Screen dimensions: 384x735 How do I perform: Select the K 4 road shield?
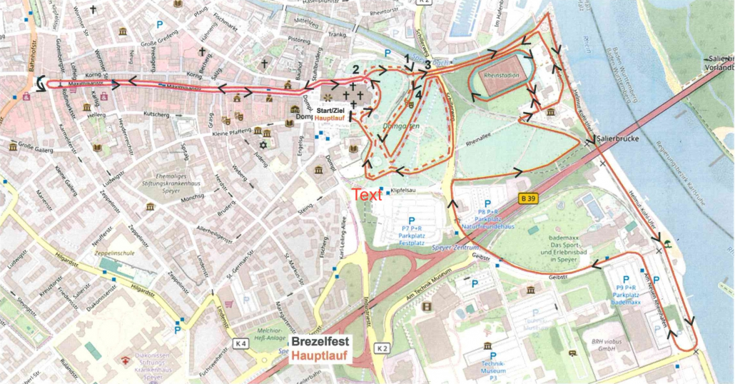tap(240, 344)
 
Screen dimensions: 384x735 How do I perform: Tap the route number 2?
tap(355, 69)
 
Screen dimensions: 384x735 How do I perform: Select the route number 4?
tap(418, 91)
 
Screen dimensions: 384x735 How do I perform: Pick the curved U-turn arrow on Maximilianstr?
tap(41, 84)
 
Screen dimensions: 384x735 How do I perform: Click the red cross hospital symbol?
tap(126, 359)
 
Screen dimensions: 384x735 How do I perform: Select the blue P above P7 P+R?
tap(410, 221)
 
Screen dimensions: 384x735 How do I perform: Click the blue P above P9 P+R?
tap(627, 280)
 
